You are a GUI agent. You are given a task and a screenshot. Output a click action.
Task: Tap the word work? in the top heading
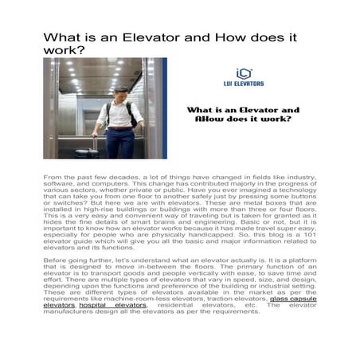(x=65, y=50)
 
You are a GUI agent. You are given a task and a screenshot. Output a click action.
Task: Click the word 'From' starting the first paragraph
(x=52, y=174)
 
